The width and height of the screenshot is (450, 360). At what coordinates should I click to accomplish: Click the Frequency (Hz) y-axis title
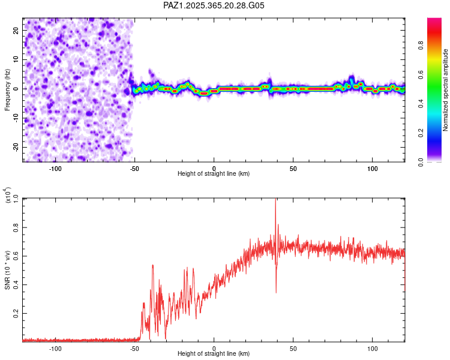click(x=8, y=89)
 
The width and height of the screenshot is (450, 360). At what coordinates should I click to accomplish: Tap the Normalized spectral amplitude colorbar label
click(x=446, y=90)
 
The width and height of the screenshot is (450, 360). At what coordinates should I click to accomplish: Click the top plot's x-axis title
click(x=214, y=173)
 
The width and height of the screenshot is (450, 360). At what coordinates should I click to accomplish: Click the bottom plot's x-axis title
click(x=214, y=353)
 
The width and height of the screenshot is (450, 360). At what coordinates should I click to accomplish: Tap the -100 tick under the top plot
click(x=55, y=168)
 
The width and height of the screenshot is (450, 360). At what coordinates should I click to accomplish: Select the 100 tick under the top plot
click(x=373, y=168)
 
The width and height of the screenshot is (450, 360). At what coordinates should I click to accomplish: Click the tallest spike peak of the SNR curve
click(x=275, y=200)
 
